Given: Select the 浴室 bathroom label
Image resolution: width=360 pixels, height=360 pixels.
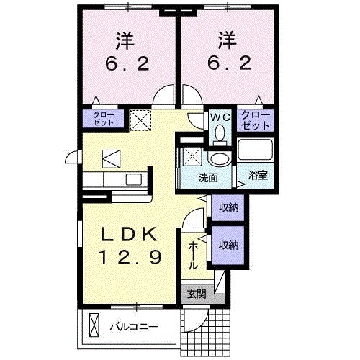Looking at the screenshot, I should (257, 174).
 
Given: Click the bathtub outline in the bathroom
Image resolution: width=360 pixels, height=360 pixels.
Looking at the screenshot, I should (255, 151).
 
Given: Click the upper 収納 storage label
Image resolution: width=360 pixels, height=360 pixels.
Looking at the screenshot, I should (228, 207).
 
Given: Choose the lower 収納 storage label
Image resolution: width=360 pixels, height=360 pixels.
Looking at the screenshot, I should (228, 245).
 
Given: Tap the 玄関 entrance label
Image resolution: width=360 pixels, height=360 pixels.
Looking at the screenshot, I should (196, 294).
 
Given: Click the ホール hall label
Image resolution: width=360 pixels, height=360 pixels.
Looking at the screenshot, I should (194, 255).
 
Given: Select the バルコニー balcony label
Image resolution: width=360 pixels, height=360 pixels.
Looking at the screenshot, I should (135, 326).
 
